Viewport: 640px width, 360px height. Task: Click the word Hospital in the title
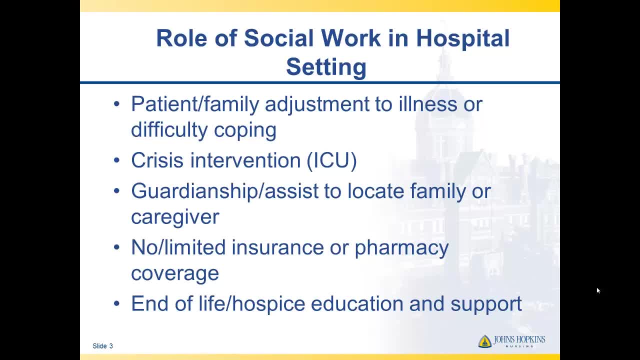point(462,39)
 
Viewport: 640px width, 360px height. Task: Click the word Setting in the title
point(326,67)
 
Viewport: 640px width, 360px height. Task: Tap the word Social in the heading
point(278,38)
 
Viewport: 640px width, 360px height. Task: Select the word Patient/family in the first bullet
point(195,104)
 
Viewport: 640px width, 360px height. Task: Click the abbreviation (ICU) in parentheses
point(331,160)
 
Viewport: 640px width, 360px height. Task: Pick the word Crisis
point(157,160)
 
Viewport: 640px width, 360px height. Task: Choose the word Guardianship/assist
point(225,191)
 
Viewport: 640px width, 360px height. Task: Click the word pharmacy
point(401,248)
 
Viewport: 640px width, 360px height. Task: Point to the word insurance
point(277,247)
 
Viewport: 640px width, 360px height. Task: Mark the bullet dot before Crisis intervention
point(116,160)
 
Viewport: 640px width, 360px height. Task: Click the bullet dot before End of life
point(116,303)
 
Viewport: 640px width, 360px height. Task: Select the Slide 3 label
point(103,346)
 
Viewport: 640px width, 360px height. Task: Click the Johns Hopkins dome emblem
point(485,341)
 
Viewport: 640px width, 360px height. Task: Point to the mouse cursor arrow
point(598,290)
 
